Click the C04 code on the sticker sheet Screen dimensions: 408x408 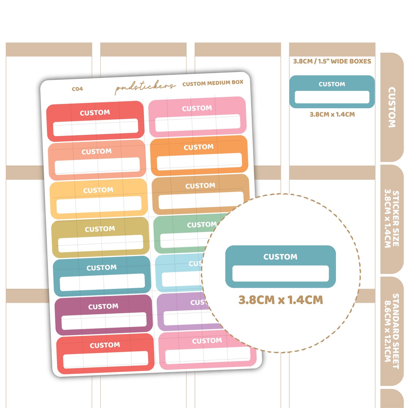pyautogui.click(x=77, y=89)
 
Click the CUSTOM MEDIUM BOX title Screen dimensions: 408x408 pyautogui.click(x=213, y=83)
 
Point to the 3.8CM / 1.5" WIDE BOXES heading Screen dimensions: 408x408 pyautogui.click(x=332, y=61)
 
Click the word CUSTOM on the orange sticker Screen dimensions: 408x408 pyautogui.click(x=198, y=147)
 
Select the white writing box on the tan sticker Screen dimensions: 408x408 pyautogui.click(x=201, y=200)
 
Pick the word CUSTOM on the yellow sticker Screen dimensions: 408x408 pyautogui.click(x=98, y=190)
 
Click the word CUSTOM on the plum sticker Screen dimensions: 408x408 pyautogui.click(x=103, y=306)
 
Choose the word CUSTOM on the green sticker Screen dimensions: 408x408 pyautogui.click(x=202, y=224)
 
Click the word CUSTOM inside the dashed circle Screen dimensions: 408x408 pyautogui.click(x=280, y=257)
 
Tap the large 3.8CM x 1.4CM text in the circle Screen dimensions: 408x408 pyautogui.click(x=281, y=300)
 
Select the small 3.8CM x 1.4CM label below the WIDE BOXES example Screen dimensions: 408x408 pyautogui.click(x=332, y=115)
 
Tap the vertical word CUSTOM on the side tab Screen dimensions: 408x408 pyautogui.click(x=392, y=107)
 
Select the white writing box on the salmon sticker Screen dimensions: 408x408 pyautogui.click(x=97, y=166)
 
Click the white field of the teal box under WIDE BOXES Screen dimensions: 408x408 pyautogui.click(x=332, y=97)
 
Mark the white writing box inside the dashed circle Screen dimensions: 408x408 pyautogui.click(x=281, y=274)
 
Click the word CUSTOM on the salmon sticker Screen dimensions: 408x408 pyautogui.click(x=97, y=151)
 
